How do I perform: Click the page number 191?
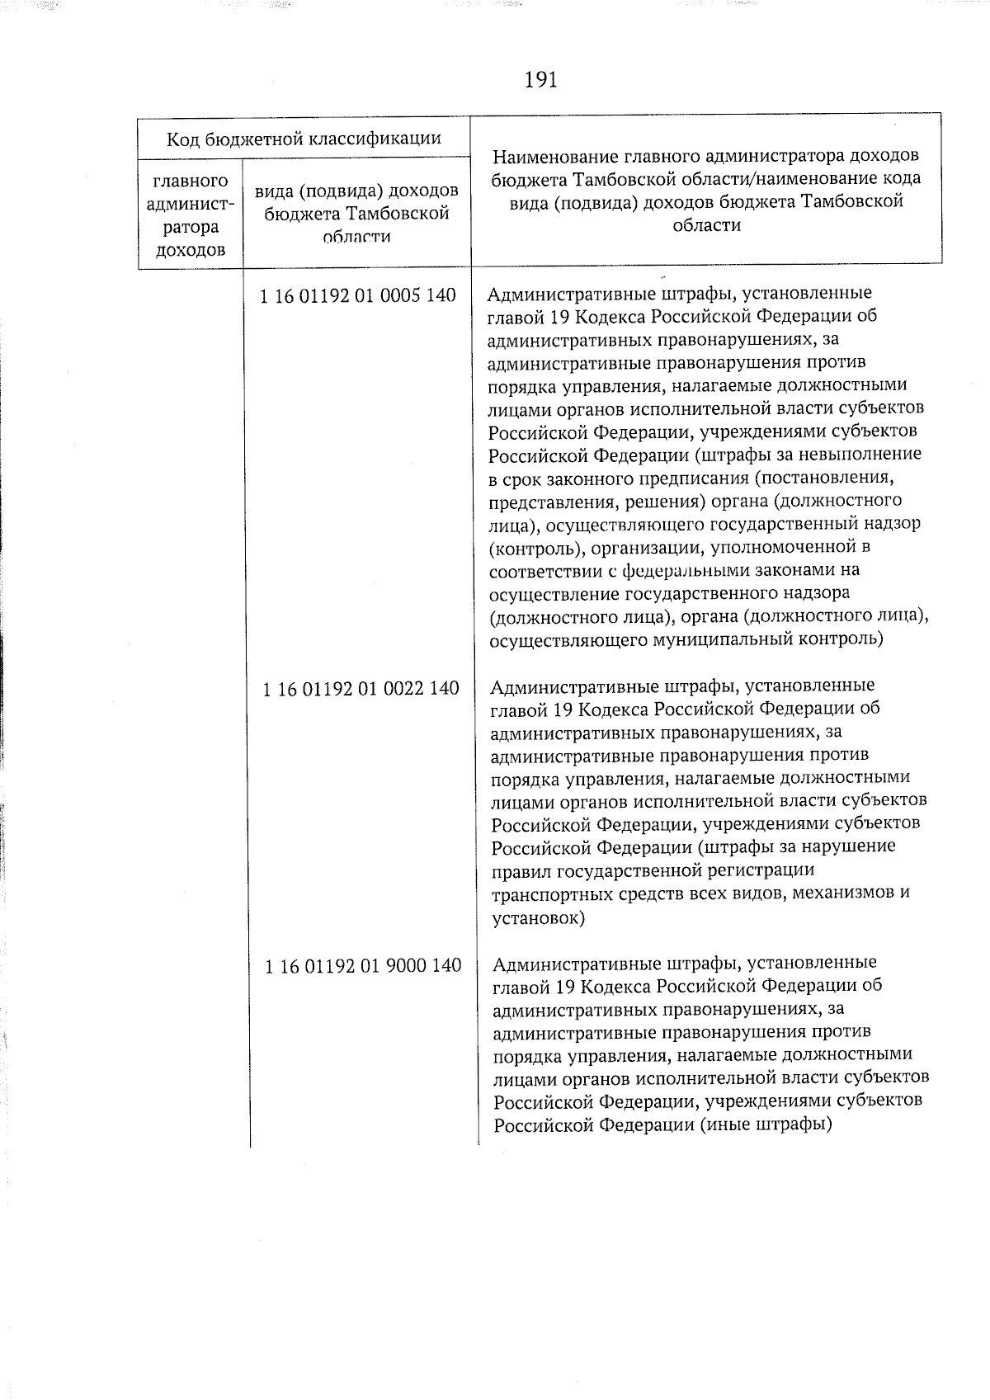click(540, 80)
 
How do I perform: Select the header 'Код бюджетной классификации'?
click(304, 139)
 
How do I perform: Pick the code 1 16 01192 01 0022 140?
click(361, 688)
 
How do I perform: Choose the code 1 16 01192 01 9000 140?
click(363, 965)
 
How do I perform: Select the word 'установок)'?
click(538, 917)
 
